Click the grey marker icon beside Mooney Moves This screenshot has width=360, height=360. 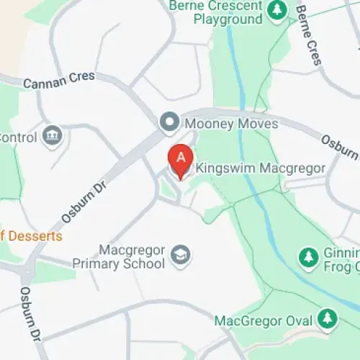point(170,123)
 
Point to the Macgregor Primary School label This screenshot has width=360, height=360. point(118,257)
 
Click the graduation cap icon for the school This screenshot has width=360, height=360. point(180,254)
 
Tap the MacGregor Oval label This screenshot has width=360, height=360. point(263,320)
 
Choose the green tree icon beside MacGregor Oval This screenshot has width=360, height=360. point(328,318)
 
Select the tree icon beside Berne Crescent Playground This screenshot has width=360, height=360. point(276,10)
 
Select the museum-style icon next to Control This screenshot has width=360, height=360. point(52,135)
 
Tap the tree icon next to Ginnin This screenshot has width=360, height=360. point(309,256)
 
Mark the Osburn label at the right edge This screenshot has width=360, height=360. point(339,147)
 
